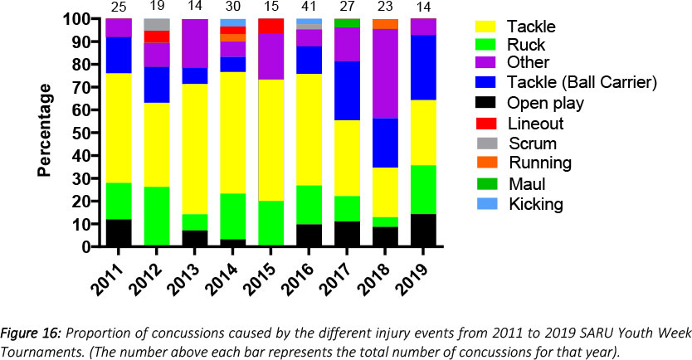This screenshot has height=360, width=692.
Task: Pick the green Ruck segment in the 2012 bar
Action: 158,216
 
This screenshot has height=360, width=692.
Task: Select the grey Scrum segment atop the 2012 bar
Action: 158,24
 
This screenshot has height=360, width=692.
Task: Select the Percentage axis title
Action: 46,133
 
